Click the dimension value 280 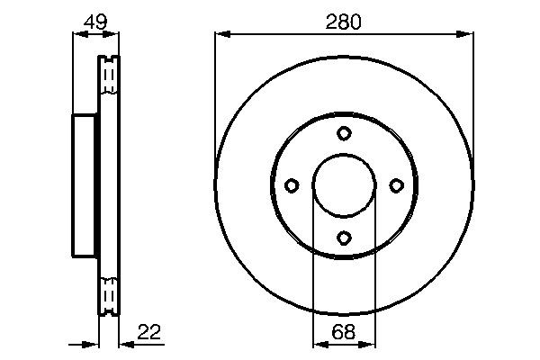(343, 22)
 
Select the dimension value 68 (343, 332)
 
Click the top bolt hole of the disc (344, 133)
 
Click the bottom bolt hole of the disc (344, 238)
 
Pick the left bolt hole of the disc (291, 185)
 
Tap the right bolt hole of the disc (396, 185)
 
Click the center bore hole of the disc (344, 185)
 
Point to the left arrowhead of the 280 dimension (220, 34)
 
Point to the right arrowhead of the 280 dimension (467, 34)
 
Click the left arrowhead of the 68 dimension (318, 343)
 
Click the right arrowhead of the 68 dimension (369, 343)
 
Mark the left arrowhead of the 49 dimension (77, 34)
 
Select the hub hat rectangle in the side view (85, 185)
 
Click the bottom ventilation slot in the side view (108, 294)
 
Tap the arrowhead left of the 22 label (123, 343)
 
